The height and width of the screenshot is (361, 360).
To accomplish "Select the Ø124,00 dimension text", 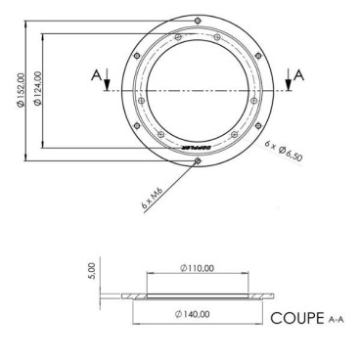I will (36, 89).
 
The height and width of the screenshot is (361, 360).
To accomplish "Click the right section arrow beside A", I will (287, 82).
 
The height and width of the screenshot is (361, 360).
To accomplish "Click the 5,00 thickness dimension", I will (91, 267).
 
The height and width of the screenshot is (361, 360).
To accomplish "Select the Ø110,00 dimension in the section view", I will (199, 267).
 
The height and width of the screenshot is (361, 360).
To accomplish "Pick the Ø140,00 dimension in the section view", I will (199, 313).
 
